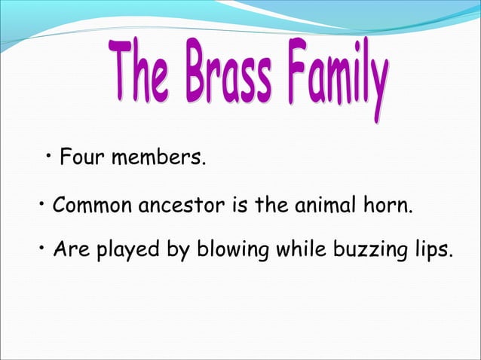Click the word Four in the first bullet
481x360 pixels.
click(x=81, y=159)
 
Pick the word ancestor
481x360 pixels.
click(x=176, y=205)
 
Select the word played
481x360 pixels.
click(x=125, y=251)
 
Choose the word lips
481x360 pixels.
click(x=432, y=251)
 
